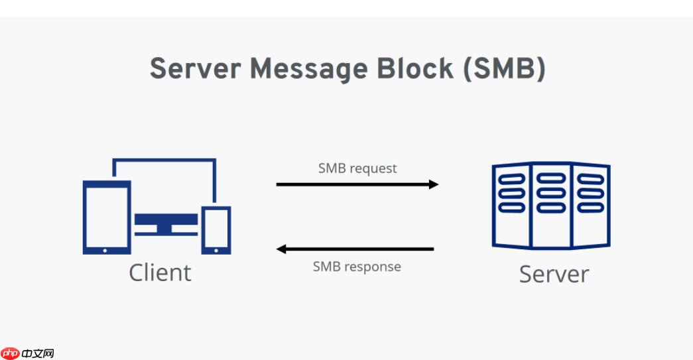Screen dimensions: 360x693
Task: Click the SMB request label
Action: point(357,168)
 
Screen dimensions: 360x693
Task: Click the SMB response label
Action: point(357,267)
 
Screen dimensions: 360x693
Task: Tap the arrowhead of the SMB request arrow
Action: point(434,184)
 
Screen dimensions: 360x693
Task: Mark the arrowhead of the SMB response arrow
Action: point(281,249)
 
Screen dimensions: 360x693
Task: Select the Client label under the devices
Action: point(160,272)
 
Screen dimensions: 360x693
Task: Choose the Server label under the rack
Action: point(554,274)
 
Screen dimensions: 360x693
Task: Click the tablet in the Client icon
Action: point(106,217)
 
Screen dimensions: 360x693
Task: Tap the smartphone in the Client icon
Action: point(216,230)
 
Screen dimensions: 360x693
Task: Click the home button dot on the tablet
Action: point(106,251)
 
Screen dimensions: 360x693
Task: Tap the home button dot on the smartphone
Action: point(216,250)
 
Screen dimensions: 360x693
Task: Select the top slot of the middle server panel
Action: point(551,178)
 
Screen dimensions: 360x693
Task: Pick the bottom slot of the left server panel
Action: point(511,208)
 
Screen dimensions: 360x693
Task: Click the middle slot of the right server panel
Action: point(590,193)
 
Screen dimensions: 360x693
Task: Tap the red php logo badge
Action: point(11,353)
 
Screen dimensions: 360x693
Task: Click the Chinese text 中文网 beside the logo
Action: point(38,353)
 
